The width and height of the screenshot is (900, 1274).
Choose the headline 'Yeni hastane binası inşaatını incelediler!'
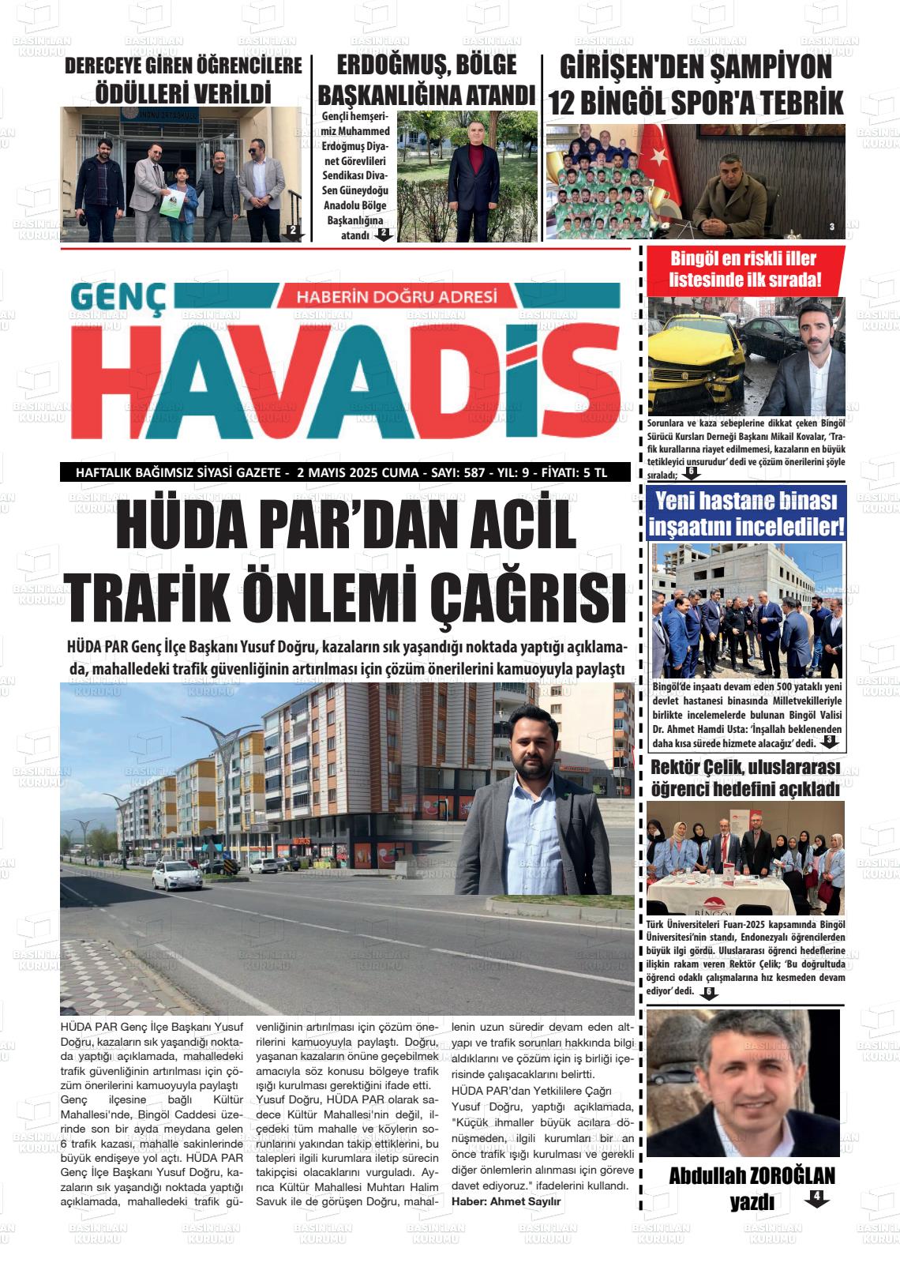746,513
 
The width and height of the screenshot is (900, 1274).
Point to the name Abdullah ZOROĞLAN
752,1175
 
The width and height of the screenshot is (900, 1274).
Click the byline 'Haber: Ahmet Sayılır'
506,1201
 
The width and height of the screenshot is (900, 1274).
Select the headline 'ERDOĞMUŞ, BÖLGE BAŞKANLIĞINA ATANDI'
427,80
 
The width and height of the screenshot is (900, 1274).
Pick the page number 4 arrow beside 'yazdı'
816,1198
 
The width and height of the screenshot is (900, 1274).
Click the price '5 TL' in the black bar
594,473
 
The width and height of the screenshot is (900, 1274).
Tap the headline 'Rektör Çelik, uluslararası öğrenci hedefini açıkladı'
745,778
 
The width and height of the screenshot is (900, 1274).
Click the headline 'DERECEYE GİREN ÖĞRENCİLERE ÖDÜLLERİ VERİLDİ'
183,80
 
